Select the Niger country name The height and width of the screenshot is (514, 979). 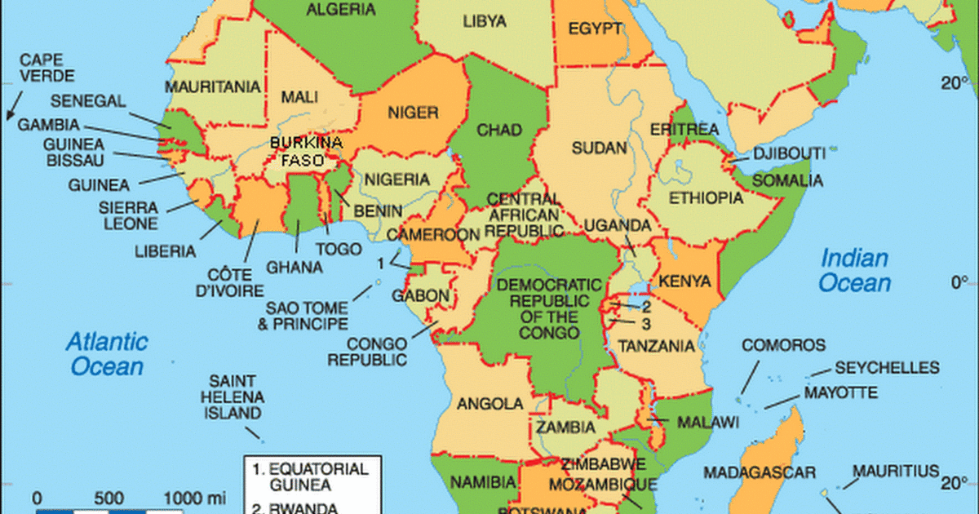click(x=413, y=113)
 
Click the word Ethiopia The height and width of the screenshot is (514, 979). click(x=706, y=198)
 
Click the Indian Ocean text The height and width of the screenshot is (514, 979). click(x=854, y=271)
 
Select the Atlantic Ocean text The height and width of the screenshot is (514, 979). click(x=107, y=352)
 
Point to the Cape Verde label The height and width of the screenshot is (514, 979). click(x=47, y=68)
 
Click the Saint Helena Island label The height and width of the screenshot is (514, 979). click(x=233, y=397)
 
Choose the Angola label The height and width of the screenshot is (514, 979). click(x=489, y=403)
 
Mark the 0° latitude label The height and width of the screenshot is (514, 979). click(x=958, y=283)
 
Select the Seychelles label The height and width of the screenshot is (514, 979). click(x=886, y=368)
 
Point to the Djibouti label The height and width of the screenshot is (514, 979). click(x=790, y=153)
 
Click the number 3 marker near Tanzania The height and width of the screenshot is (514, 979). click(x=645, y=322)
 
